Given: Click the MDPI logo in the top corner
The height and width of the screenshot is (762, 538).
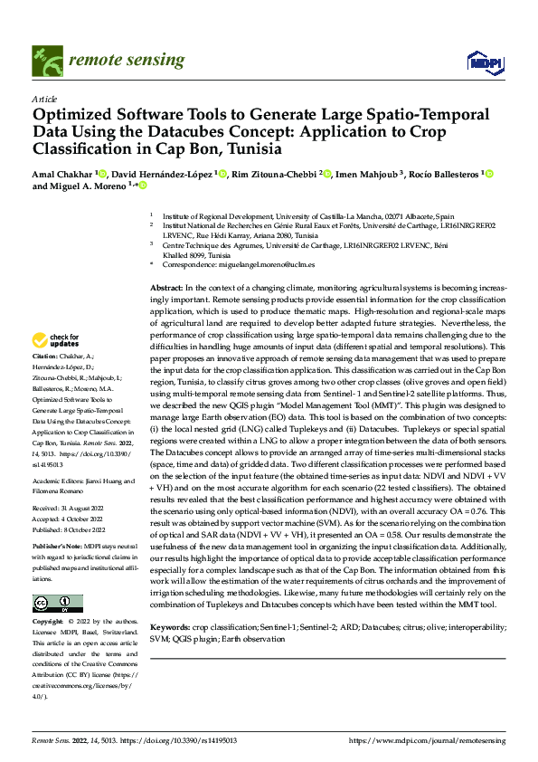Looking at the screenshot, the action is (x=479, y=62).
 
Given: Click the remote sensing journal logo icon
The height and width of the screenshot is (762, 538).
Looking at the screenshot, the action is (x=44, y=62).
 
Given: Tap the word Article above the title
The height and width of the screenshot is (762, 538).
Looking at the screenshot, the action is (x=43, y=99).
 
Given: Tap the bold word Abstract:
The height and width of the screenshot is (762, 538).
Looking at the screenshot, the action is (x=169, y=286).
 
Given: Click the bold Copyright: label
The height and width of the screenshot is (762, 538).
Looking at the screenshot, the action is (x=49, y=623).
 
